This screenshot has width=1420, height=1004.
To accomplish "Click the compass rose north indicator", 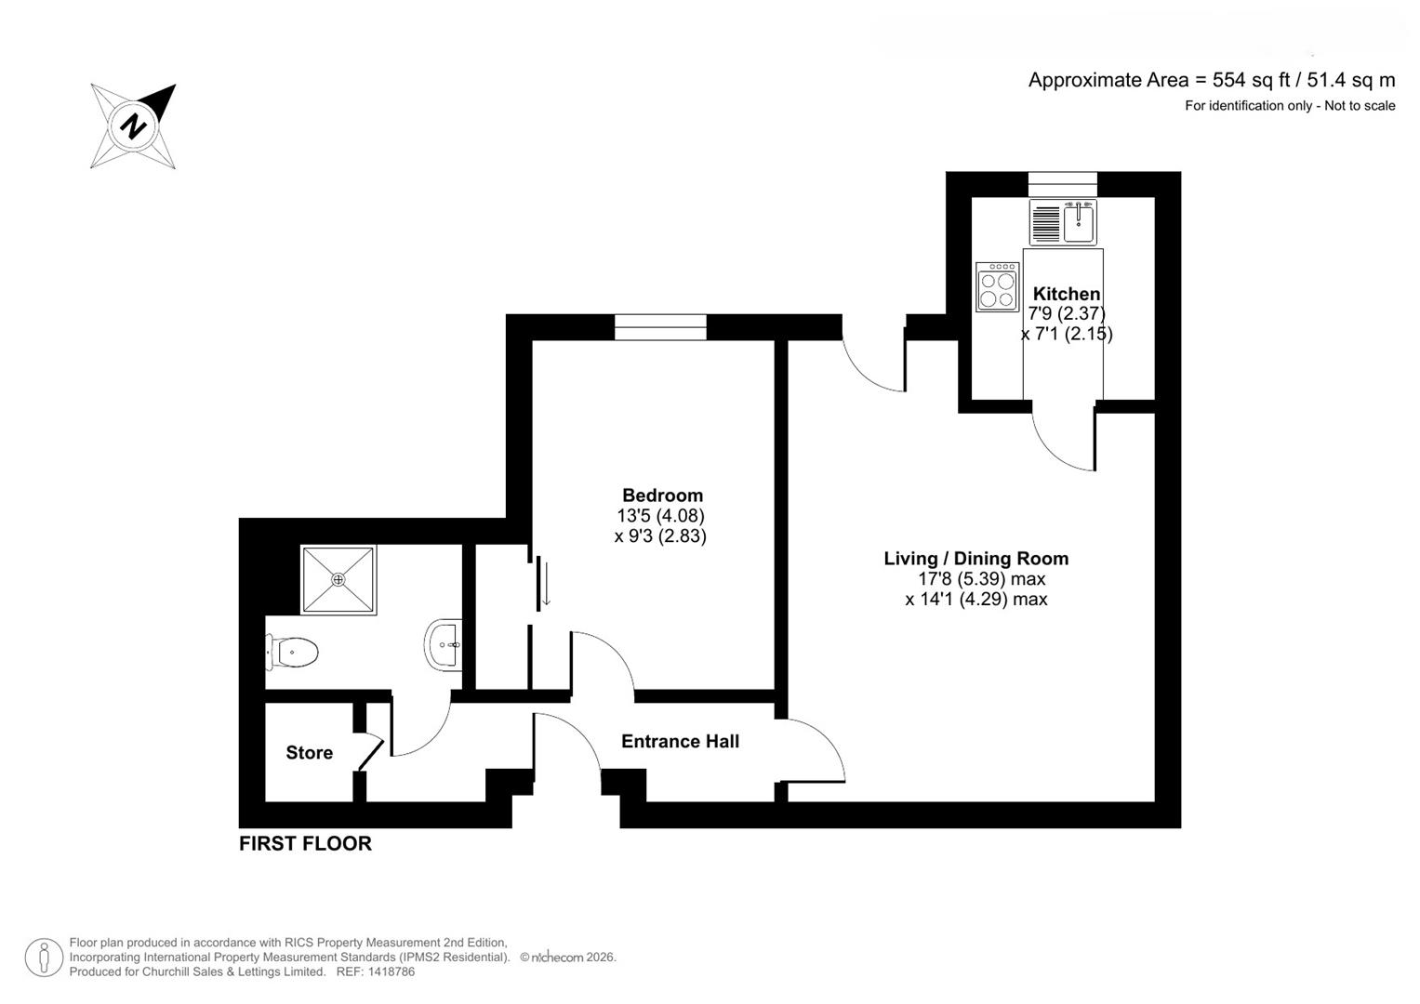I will pyautogui.click(x=134, y=125).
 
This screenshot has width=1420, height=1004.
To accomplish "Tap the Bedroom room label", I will pyautogui.click(x=662, y=495).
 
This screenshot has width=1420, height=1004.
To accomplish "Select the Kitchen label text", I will pyautogui.click(x=1066, y=294).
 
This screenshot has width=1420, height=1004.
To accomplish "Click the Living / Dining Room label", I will pyautogui.click(x=975, y=559).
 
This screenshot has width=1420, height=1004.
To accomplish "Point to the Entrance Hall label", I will pyautogui.click(x=680, y=741).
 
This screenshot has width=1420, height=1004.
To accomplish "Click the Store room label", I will pyautogui.click(x=309, y=753).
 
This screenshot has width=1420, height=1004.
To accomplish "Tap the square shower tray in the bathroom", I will pyautogui.click(x=338, y=579).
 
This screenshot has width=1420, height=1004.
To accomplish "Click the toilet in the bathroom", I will pyautogui.click(x=293, y=652).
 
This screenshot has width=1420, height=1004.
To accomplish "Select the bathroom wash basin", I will pyautogui.click(x=445, y=644).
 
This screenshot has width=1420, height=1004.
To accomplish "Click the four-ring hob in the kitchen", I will pyautogui.click(x=997, y=287).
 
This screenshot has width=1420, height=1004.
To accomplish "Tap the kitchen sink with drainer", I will pyautogui.click(x=1063, y=222).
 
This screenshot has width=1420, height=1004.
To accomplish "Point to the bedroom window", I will pyautogui.click(x=660, y=327).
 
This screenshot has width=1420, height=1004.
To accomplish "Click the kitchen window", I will pyautogui.click(x=1062, y=184).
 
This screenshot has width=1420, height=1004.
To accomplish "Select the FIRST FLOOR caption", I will pyautogui.click(x=305, y=843).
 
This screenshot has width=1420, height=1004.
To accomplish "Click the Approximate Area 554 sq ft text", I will pyautogui.click(x=1211, y=80).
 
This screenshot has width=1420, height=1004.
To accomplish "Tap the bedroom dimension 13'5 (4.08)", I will pyautogui.click(x=660, y=516).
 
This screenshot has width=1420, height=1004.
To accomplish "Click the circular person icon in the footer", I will pyautogui.click(x=44, y=958).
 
